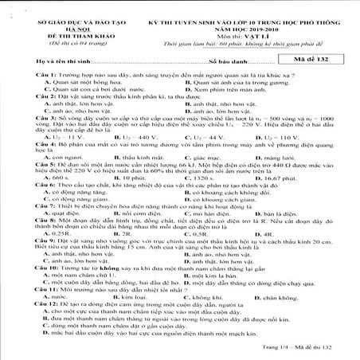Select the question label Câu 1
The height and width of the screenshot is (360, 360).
click(23, 73)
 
